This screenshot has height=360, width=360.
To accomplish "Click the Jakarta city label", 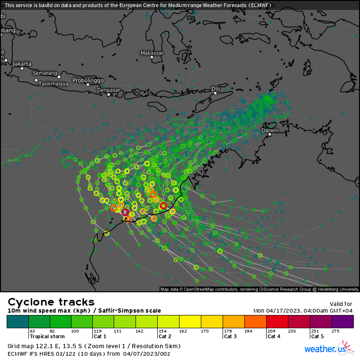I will [22, 63].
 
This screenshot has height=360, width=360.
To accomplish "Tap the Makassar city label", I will [152, 53].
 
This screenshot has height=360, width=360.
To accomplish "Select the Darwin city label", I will [270, 130].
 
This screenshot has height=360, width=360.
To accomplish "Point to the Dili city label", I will [216, 89].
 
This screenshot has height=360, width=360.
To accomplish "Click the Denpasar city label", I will [108, 90].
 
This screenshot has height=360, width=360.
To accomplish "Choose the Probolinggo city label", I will [88, 80].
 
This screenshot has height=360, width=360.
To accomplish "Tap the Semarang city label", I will [45, 73].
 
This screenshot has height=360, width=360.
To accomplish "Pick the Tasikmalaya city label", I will [53, 84].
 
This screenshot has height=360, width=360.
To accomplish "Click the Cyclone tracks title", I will [51, 302].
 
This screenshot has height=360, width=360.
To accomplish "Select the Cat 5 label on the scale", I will [318, 336].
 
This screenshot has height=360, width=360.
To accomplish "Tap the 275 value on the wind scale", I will [335, 331].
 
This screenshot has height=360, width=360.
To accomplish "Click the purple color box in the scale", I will [342, 322].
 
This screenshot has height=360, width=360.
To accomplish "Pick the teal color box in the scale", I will [18, 322].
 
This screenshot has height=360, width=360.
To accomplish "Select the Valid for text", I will [341, 304].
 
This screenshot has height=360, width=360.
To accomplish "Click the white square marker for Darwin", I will [270, 135].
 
